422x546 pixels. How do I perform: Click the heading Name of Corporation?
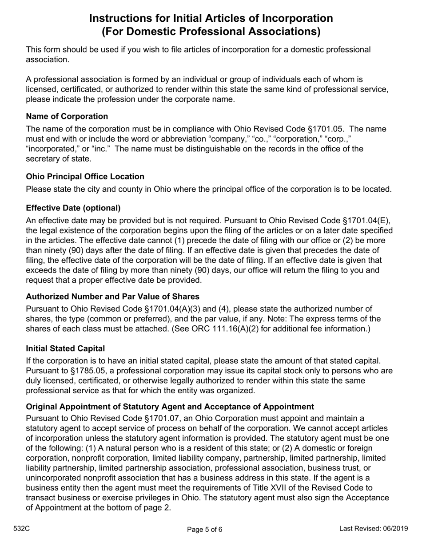click(67, 116)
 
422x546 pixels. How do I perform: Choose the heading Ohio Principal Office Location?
click(85, 177)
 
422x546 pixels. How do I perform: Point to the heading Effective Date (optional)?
click(73, 208)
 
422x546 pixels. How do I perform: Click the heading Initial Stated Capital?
click(65, 348)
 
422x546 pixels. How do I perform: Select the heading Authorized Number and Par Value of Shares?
click(112, 297)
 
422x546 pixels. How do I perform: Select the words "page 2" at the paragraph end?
click(157, 508)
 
